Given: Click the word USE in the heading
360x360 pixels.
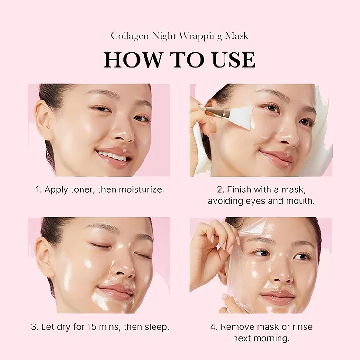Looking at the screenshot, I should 232,59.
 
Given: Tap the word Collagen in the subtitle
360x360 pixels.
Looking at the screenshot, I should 130,36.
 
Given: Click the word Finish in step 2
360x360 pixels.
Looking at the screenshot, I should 239,189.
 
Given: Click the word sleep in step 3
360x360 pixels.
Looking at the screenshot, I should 157,327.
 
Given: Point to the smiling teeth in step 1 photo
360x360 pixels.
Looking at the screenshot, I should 112,155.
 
